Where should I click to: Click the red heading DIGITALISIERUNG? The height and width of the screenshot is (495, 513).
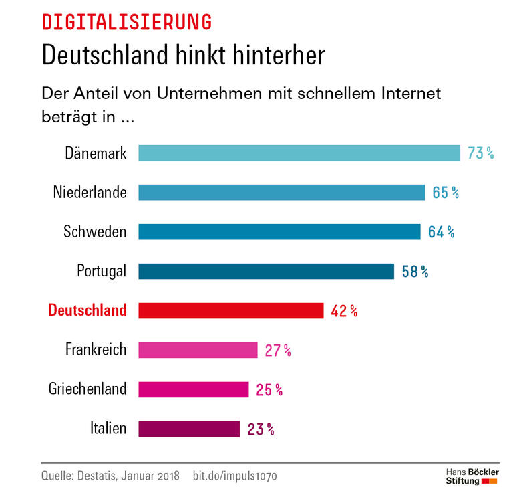click(x=127, y=22)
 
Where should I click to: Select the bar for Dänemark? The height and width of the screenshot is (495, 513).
click(x=299, y=153)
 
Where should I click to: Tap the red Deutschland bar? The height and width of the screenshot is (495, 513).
click(x=230, y=310)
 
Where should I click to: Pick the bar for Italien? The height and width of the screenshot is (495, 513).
click(x=189, y=429)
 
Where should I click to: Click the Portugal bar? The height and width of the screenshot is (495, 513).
click(x=266, y=271)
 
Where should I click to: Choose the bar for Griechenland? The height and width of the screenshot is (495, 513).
click(x=193, y=389)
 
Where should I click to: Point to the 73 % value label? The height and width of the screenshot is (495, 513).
click(x=480, y=153)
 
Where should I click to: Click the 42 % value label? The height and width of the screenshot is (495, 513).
click(x=344, y=311)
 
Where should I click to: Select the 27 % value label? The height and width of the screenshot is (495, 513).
click(x=278, y=350)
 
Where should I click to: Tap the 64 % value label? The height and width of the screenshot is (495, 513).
click(x=441, y=232)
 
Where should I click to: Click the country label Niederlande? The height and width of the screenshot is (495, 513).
click(x=90, y=193)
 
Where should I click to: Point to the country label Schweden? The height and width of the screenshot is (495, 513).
click(x=95, y=232)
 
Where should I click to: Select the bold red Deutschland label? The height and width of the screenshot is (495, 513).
click(x=88, y=310)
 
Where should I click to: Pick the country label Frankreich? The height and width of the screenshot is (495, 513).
click(x=96, y=350)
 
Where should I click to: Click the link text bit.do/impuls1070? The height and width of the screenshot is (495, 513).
click(x=234, y=476)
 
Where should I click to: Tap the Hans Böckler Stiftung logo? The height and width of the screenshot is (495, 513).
click(x=472, y=476)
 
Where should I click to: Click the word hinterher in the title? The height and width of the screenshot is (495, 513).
click(x=273, y=55)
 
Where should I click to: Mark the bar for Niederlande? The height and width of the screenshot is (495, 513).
click(x=281, y=193)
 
